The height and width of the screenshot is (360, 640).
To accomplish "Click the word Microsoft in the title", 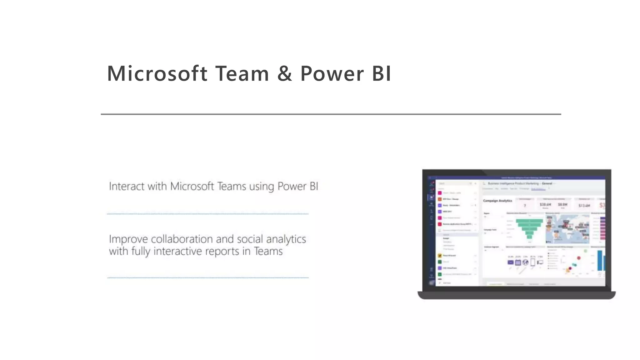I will coord(157,74).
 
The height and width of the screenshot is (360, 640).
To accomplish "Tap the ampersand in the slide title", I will coord(284,74).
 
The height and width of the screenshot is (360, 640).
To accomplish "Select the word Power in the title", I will coord(332,74).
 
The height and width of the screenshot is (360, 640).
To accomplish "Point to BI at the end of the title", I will coord(382,74).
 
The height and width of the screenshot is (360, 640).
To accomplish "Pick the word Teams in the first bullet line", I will coord(232,186).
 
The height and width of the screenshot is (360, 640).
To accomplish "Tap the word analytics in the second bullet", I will coord(286,240).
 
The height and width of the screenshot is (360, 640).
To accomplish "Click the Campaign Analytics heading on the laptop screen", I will coord(497,201).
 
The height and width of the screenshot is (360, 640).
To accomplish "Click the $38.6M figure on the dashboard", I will coord(545,204).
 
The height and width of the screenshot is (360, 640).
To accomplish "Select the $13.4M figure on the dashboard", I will coord(584,205).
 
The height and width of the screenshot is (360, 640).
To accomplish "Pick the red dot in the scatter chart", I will coord(579,258).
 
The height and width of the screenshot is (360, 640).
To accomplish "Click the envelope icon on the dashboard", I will coord(510,262).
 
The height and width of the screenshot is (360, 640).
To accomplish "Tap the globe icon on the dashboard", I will coord(525,262).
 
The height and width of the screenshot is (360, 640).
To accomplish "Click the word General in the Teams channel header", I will coord(547,183).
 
